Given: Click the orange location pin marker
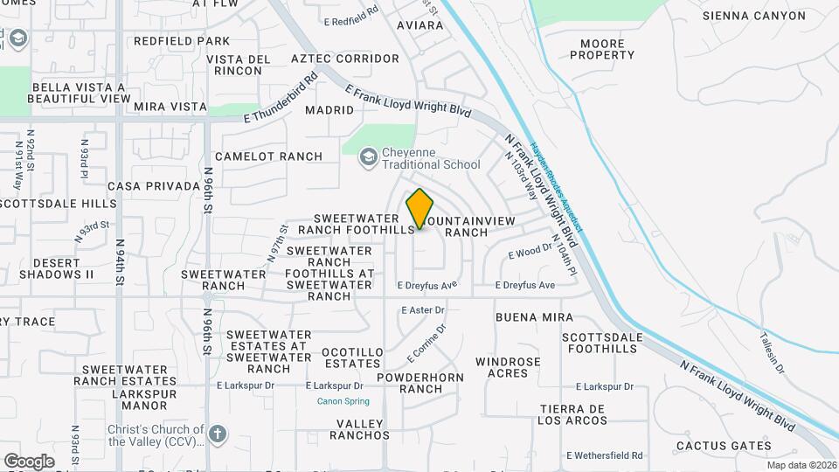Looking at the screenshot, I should (x=420, y=208).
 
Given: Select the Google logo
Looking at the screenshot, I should (x=29, y=461).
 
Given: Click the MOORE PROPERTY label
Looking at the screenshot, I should (x=602, y=49).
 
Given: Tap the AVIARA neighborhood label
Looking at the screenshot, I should (x=419, y=25).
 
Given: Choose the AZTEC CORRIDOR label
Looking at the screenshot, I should (x=344, y=59).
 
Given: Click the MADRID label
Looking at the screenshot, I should (x=329, y=110).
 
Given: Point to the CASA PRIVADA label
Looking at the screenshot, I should (x=154, y=186).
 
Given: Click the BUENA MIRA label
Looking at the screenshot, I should (x=534, y=317).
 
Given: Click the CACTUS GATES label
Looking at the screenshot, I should (x=724, y=446).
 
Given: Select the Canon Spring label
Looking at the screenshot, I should (x=343, y=401).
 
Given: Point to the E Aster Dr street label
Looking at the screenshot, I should (x=423, y=310).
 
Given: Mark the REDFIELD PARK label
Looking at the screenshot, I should (x=182, y=41).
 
